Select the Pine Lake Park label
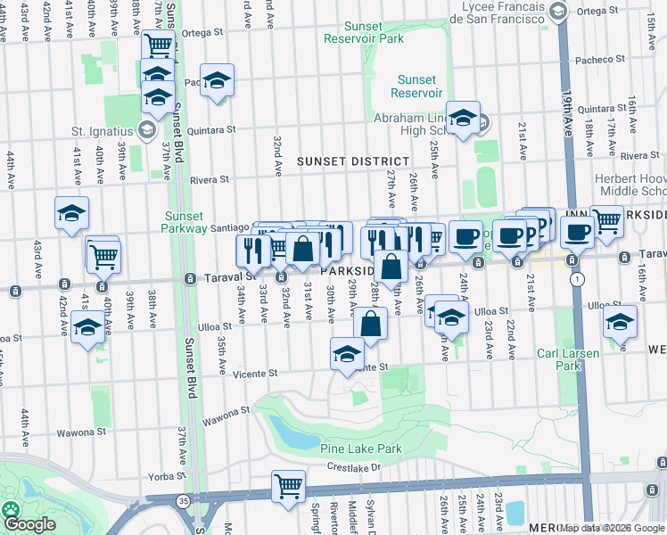[x=361, y=449]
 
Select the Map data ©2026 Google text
[x=613, y=527]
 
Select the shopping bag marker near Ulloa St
[x=371, y=325]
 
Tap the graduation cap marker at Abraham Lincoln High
[x=463, y=119]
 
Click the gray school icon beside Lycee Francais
[x=558, y=11]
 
